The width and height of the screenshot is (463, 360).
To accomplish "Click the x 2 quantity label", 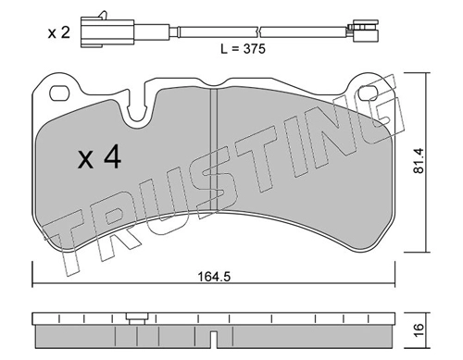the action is [59, 32].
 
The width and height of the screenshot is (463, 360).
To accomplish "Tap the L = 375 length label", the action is [243, 49].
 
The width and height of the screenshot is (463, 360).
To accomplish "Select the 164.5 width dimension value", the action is [214, 277].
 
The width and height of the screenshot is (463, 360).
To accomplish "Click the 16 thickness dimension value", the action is [419, 331].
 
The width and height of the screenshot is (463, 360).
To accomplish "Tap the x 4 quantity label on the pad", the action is [99, 157].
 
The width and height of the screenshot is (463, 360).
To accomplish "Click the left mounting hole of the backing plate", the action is [60, 93].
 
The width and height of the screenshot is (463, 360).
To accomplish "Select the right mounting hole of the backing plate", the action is [369, 93].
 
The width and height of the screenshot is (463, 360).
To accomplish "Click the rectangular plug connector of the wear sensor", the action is [107, 31].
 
